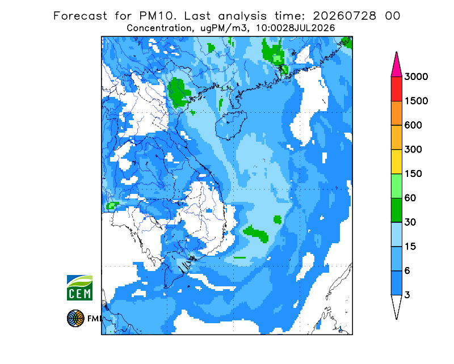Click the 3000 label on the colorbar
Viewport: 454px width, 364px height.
pyautogui.click(x=416, y=77)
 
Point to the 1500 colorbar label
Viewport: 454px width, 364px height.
pyautogui.click(x=416, y=101)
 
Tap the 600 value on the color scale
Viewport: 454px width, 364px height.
pyautogui.click(x=413, y=125)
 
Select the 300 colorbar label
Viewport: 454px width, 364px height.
pyautogui.click(x=413, y=150)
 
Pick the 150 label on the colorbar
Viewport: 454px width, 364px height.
pyautogui.click(x=413, y=174)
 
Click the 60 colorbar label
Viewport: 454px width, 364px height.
pyautogui.click(x=410, y=198)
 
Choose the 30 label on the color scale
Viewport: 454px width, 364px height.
pyautogui.click(x=410, y=222)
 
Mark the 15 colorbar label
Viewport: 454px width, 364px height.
pyautogui.click(x=410, y=247)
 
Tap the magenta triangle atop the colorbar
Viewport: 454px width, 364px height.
pyautogui.click(x=396, y=66)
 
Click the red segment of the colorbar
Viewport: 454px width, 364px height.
pyautogui.click(x=396, y=89)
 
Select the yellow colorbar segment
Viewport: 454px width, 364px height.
pyautogui.click(x=396, y=162)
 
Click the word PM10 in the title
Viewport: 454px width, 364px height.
pyautogui.click(x=157, y=16)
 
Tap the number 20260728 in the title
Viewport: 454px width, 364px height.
pyautogui.click(x=344, y=16)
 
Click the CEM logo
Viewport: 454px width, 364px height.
pyautogui.click(x=79, y=287)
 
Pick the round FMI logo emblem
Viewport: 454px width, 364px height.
pyautogui.click(x=75, y=319)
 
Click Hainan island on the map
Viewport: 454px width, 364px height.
pyautogui.click(x=231, y=125)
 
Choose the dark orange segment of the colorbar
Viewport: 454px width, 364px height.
pyautogui.click(x=396, y=113)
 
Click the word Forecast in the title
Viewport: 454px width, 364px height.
pyautogui.click(x=80, y=16)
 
